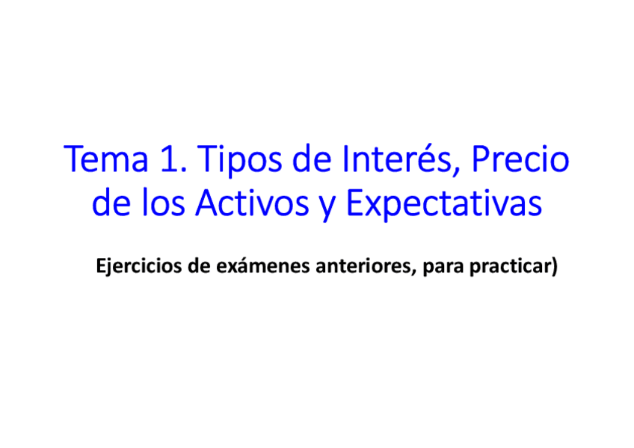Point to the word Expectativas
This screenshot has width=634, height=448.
click(x=446, y=204)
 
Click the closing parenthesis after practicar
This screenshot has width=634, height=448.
click(x=554, y=266)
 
